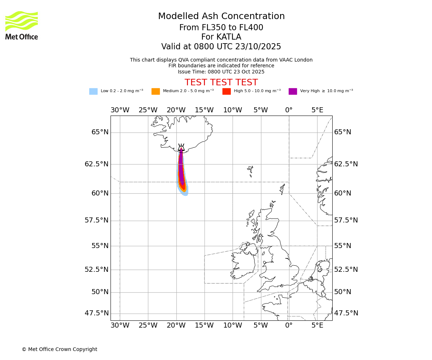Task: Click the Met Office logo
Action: pyautogui.click(x=22, y=25)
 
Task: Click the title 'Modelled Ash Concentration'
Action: pyautogui.click(x=221, y=16)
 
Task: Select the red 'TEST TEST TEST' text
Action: pyautogui.click(x=221, y=82)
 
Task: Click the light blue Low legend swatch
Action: pyautogui.click(x=93, y=91)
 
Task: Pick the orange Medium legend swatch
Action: pyautogui.click(x=156, y=91)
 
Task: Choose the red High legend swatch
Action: pyautogui.click(x=226, y=91)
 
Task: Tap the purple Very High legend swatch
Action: pyautogui.click(x=293, y=91)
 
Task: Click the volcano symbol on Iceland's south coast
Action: pyautogui.click(x=181, y=148)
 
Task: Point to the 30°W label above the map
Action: pyautogui.click(x=120, y=110)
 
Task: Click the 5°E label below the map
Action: pyautogui.click(x=317, y=325)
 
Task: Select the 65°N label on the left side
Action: pyautogui.click(x=100, y=132)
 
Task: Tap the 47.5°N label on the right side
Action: pyautogui.click(x=346, y=313)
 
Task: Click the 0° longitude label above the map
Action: pyautogui.click(x=289, y=110)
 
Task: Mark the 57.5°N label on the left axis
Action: pyautogui.click(x=96, y=220)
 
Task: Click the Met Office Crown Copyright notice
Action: pyautogui.click(x=59, y=349)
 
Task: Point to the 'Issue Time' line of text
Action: pyautogui.click(x=221, y=72)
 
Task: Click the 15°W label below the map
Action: pyautogui.click(x=204, y=325)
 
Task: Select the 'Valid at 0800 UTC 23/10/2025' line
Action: pyautogui.click(x=221, y=47)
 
